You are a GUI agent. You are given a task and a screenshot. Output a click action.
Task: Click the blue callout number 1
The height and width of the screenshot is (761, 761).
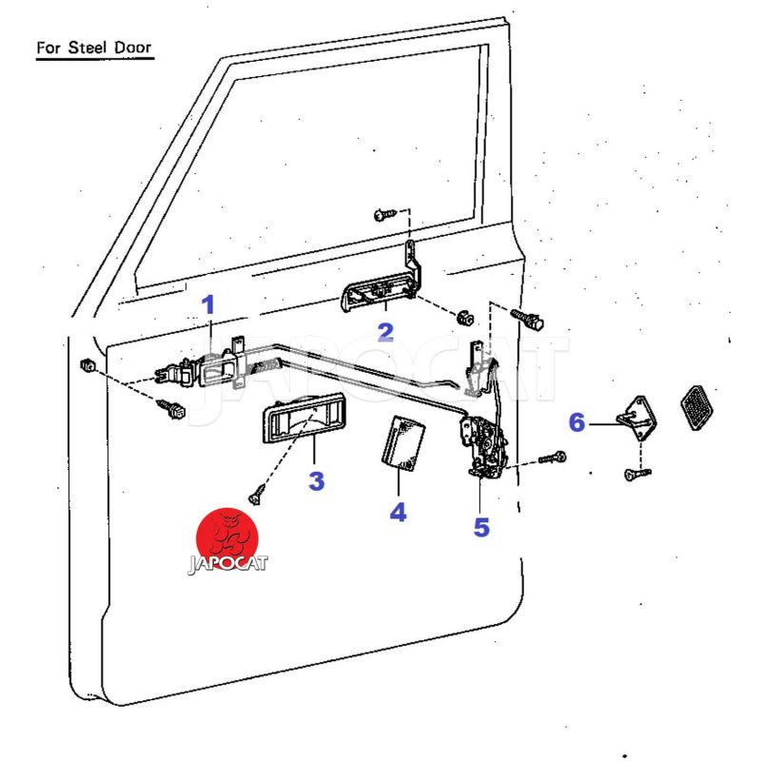tap(208, 305)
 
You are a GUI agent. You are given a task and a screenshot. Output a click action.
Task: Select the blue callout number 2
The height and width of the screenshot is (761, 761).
tap(385, 332)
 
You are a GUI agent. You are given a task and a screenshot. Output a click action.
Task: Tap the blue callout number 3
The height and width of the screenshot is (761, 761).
tap(316, 480)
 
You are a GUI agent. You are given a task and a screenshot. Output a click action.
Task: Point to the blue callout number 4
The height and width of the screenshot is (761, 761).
tap(398, 512)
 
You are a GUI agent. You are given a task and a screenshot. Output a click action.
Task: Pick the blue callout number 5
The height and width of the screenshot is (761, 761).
tap(481, 526)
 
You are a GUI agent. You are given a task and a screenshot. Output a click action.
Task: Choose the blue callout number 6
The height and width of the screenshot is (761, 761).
tap(576, 422)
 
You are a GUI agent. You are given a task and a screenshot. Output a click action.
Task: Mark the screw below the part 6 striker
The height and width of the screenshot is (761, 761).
tap(631, 474)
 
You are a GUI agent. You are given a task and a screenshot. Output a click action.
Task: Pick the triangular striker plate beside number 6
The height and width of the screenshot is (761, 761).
tap(638, 417)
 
